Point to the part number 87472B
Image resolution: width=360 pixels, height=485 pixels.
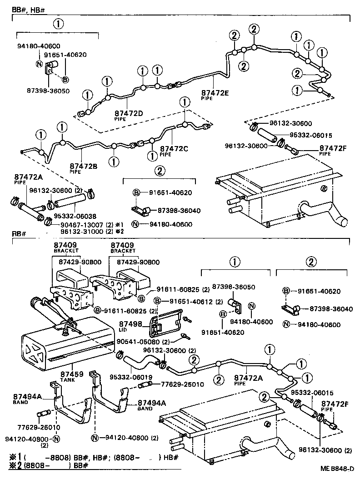point(84,167)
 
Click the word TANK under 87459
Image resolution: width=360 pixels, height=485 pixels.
point(67,380)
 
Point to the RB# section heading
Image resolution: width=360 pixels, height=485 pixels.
point(18,234)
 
